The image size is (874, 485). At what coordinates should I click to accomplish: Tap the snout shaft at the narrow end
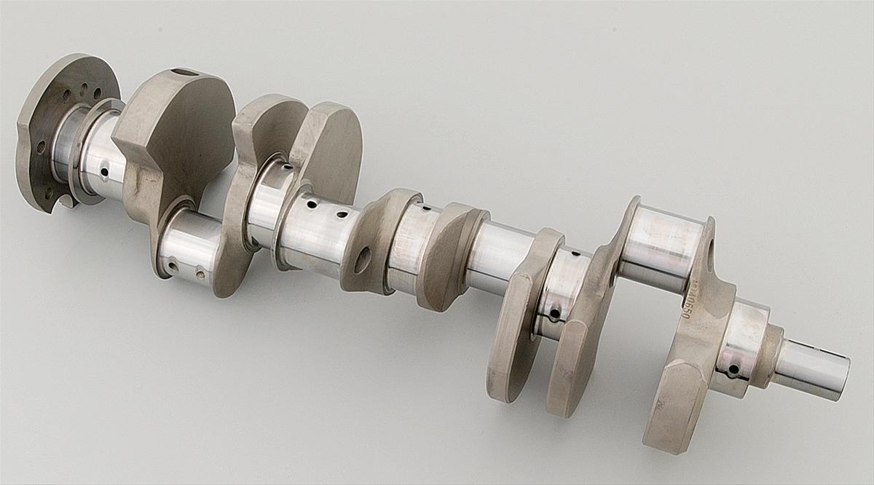coord(808,368)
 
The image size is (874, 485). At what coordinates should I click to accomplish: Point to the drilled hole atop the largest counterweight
coord(186,72)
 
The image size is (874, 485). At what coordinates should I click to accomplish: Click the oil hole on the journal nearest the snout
coord(733,369)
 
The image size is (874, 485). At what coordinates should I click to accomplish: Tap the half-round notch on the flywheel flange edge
coord(67,200)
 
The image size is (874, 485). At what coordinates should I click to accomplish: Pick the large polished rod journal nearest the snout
coord(659,248)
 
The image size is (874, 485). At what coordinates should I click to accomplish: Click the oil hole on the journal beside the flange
coord(105,173)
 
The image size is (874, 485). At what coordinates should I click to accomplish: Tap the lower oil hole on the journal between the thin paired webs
coord(554,315)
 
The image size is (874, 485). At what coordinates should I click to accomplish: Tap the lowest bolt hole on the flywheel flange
coord(49,193)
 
